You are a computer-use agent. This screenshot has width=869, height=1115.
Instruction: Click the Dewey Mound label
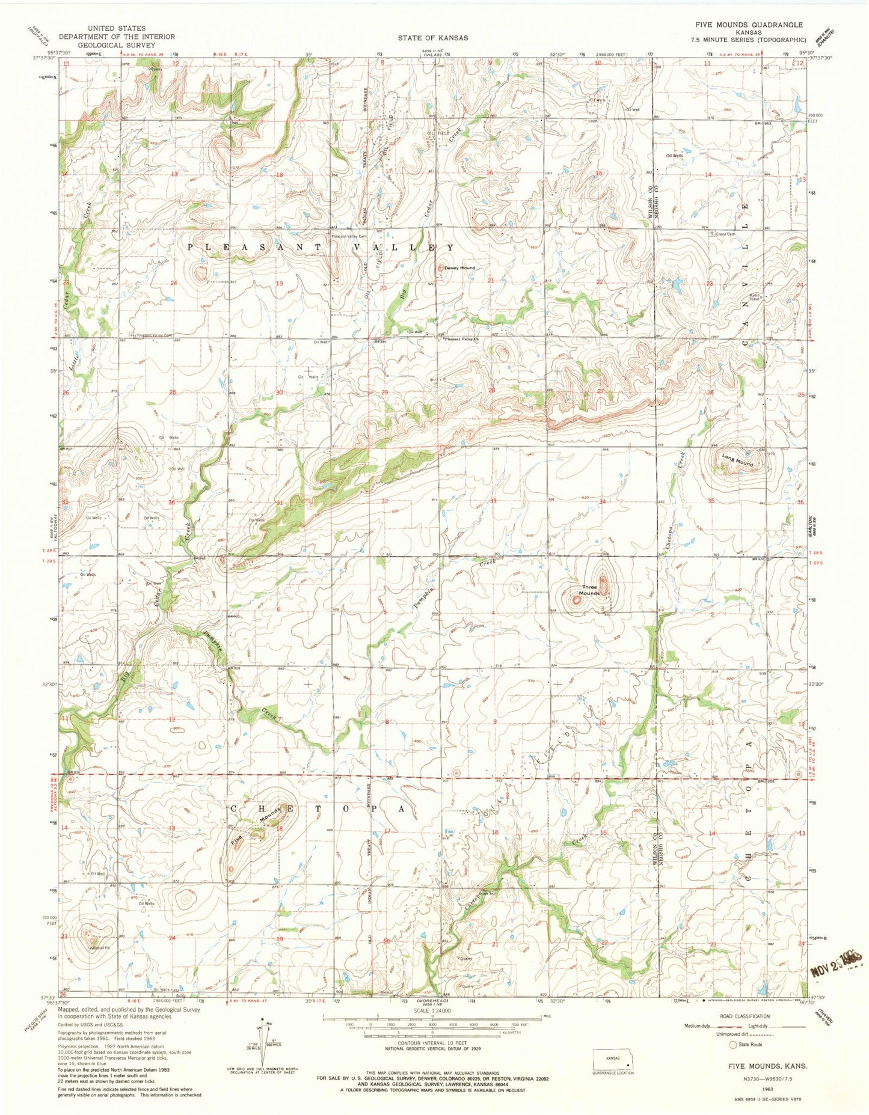pos(459,267)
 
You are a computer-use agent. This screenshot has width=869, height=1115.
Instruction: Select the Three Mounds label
pos(589,590)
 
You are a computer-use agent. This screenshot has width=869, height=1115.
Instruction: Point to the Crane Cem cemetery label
pos(725,234)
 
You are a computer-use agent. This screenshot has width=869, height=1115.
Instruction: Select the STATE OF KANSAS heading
pos(432,38)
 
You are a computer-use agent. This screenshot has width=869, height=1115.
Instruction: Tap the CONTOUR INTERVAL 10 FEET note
pos(432,1043)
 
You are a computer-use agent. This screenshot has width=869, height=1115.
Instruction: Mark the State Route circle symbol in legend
pos(732,1044)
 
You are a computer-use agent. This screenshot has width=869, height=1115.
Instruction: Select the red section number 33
pos(493,501)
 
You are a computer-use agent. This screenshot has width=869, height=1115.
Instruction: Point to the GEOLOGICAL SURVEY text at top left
pos(124,45)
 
